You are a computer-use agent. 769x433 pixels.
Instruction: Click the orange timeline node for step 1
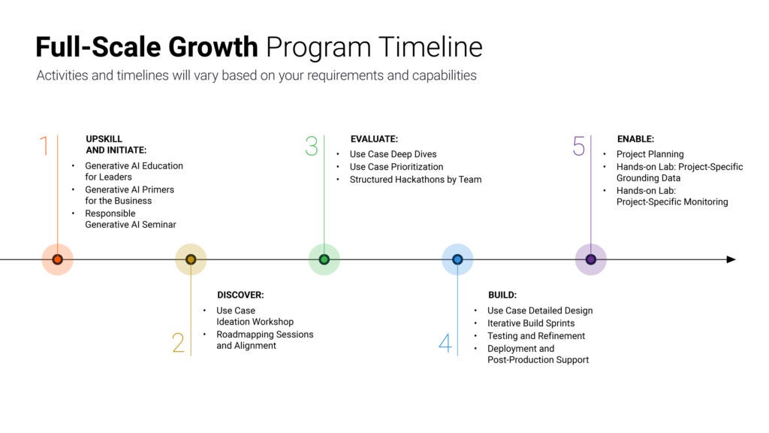pyautogui.click(x=57, y=259)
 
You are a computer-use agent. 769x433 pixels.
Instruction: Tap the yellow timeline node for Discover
pyautogui.click(x=191, y=259)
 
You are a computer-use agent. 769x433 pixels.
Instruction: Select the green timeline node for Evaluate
pyautogui.click(x=324, y=259)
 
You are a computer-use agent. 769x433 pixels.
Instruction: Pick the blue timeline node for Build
pyautogui.click(x=457, y=259)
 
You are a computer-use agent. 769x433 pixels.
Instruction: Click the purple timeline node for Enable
pyautogui.click(x=590, y=259)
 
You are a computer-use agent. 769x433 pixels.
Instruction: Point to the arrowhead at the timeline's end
pyautogui.click(x=731, y=259)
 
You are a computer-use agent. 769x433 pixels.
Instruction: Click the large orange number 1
pyautogui.click(x=44, y=146)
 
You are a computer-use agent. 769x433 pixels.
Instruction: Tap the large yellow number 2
pyautogui.click(x=178, y=343)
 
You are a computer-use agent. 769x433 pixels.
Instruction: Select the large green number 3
pyautogui.click(x=312, y=146)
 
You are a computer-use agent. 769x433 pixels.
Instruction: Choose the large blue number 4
pyautogui.click(x=445, y=344)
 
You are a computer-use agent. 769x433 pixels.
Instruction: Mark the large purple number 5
pyautogui.click(x=578, y=146)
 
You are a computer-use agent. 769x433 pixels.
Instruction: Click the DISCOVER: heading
pyautogui.click(x=240, y=295)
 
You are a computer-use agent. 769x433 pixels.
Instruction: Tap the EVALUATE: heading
pyautogui.click(x=374, y=139)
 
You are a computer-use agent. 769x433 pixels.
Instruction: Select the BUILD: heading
pyautogui.click(x=502, y=295)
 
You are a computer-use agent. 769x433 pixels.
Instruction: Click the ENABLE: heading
pyautogui.click(x=635, y=139)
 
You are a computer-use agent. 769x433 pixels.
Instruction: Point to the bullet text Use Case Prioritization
pyautogui.click(x=396, y=167)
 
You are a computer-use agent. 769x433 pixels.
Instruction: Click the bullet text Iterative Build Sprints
pyautogui.click(x=531, y=323)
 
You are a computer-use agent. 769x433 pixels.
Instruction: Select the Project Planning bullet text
pyautogui.click(x=650, y=154)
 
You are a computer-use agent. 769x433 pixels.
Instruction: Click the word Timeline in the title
pyautogui.click(x=430, y=47)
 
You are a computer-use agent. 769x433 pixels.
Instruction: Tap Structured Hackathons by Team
pyautogui.click(x=415, y=180)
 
